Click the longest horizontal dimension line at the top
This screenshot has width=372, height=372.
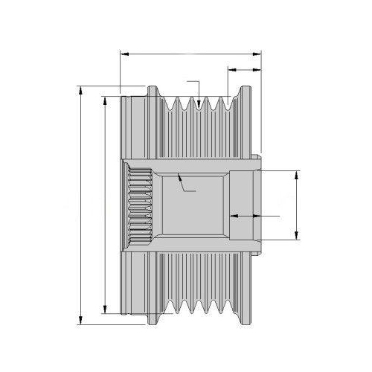click(190, 54)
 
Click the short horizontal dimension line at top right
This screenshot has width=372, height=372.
click(244, 69)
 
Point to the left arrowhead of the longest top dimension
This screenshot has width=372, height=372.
click(123, 54)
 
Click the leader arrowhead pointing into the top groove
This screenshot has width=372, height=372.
click(200, 102)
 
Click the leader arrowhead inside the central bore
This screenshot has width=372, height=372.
click(181, 177)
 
